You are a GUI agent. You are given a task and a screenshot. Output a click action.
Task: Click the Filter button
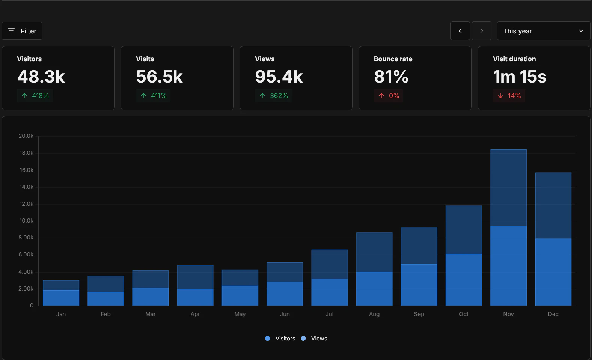pyautogui.click(x=22, y=31)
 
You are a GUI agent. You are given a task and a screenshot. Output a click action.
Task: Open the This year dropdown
pyautogui.click(x=543, y=31)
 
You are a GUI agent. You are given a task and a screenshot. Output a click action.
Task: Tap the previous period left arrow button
pyautogui.click(x=460, y=31)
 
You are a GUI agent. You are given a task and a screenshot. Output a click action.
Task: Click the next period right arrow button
pyautogui.click(x=481, y=31)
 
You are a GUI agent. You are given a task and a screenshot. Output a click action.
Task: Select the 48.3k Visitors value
pyautogui.click(x=41, y=77)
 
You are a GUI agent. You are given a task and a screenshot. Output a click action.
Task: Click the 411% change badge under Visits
pyautogui.click(x=154, y=96)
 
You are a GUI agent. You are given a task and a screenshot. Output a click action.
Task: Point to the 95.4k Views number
pyautogui.click(x=279, y=77)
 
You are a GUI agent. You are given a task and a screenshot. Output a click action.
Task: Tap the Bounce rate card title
pyautogui.click(x=393, y=59)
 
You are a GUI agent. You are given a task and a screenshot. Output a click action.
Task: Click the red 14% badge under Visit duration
pyautogui.click(x=509, y=96)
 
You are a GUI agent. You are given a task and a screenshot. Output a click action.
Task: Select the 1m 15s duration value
pyautogui.click(x=520, y=77)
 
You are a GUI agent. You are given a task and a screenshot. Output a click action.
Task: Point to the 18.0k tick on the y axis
pyautogui.click(x=26, y=153)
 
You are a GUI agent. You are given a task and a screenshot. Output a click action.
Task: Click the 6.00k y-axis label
pyautogui.click(x=26, y=255)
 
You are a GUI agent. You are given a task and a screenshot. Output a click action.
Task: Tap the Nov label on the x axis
pyautogui.click(x=508, y=314)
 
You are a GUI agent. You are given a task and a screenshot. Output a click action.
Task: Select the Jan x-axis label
pyautogui.click(x=61, y=314)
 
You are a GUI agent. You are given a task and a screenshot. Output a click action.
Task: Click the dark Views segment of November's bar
pyautogui.click(x=508, y=188)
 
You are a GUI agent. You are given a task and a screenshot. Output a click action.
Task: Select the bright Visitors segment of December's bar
pyautogui.click(x=553, y=272)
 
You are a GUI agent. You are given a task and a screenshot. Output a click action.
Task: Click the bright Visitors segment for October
pyautogui.click(x=464, y=280)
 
